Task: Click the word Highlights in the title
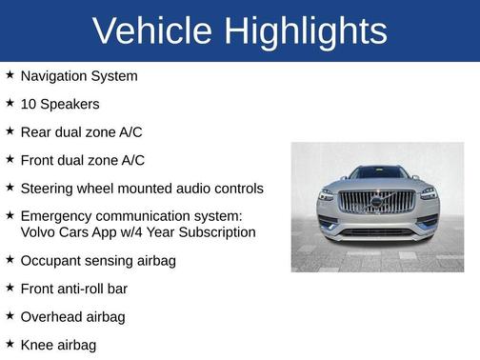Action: click(306, 31)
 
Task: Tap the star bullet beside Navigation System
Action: click(10, 74)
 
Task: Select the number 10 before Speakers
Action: click(29, 103)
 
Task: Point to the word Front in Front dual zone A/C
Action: click(39, 160)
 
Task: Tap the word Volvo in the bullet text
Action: click(39, 231)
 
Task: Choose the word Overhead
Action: click(53, 316)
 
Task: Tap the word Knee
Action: click(37, 345)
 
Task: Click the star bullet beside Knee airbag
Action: click(10, 344)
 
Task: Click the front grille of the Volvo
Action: click(377, 202)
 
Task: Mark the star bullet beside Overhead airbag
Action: click(10, 315)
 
